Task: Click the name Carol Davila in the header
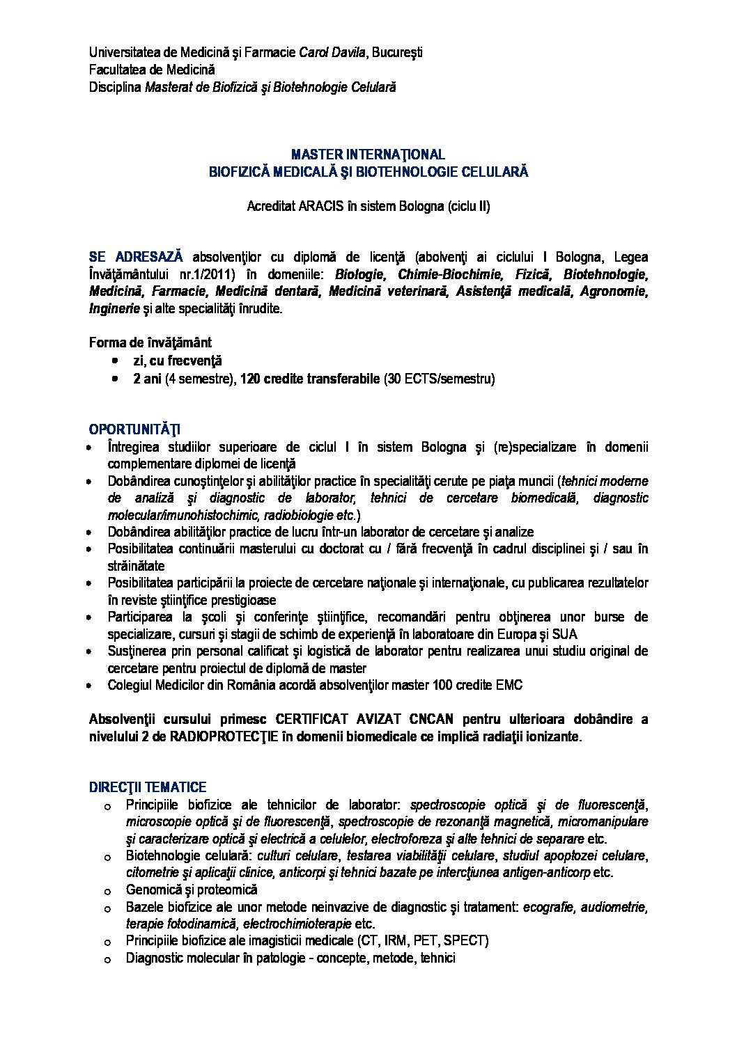coord(332,52)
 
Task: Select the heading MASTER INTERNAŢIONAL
coord(368,154)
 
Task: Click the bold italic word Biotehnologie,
coord(605,274)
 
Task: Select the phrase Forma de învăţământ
coord(150,342)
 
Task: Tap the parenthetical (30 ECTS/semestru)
coord(439,379)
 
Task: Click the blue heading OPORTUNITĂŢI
coord(134,429)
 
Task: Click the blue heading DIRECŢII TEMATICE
coord(147,787)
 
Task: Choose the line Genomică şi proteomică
coord(192,890)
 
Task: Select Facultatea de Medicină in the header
coord(152,70)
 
